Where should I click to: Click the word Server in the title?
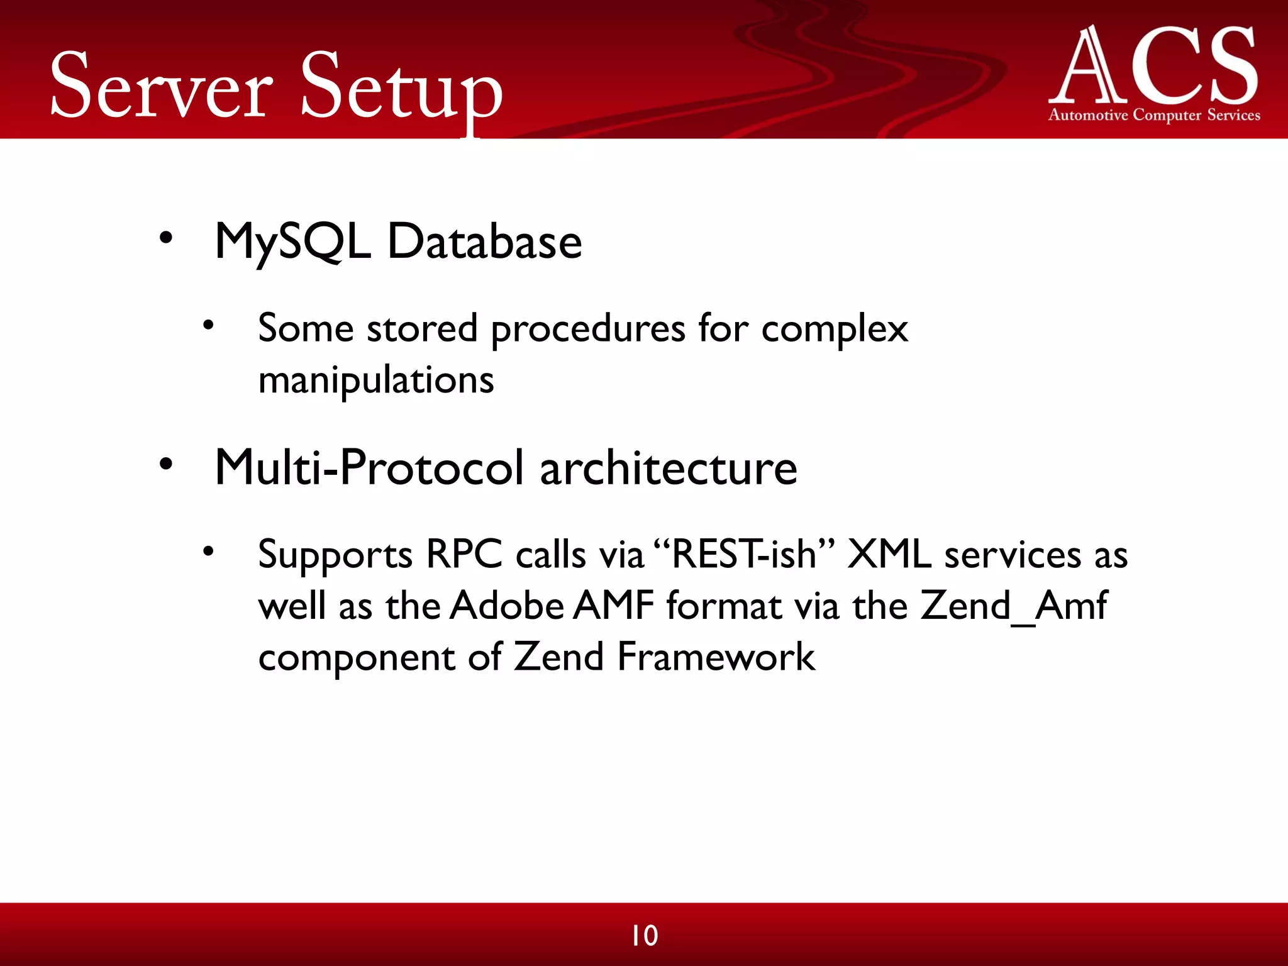pyautogui.click(x=161, y=86)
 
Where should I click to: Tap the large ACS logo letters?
pyautogui.click(x=1153, y=66)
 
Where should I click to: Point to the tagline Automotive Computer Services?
pyautogui.click(x=1153, y=115)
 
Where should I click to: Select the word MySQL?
pyautogui.click(x=292, y=242)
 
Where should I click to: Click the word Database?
pyautogui.click(x=484, y=242)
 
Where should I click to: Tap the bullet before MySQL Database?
pyautogui.click(x=165, y=238)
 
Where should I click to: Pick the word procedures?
pyautogui.click(x=587, y=329)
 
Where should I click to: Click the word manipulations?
pyautogui.click(x=376, y=380)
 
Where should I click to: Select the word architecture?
pyautogui.click(x=669, y=468)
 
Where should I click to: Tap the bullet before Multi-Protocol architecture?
pyautogui.click(x=165, y=465)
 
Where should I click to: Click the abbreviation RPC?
pyautogui.click(x=464, y=555)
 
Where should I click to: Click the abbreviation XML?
pyautogui.click(x=889, y=555)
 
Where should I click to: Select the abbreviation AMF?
pyautogui.click(x=614, y=606)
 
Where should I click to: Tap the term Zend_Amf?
pyautogui.click(x=1013, y=607)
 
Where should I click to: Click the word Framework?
pyautogui.click(x=716, y=657)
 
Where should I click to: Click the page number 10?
pyautogui.click(x=644, y=936)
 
